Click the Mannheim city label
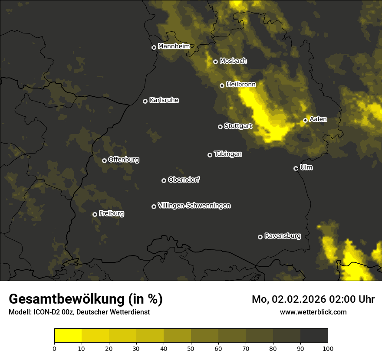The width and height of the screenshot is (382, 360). point(174,46)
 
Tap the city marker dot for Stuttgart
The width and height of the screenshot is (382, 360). point(220,127)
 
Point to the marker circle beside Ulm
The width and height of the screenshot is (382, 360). point(296,168)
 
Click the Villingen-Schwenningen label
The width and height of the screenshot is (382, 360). point(194,206)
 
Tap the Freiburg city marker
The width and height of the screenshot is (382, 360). point(95,214)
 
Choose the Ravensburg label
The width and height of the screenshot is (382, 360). point(282,236)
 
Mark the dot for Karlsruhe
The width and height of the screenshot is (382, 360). point(145,101)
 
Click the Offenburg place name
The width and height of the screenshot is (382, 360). point(124,160)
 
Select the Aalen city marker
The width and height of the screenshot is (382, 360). point(305,120)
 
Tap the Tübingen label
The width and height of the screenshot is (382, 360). point(228,154)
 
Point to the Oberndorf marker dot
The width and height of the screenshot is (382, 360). point(164,180)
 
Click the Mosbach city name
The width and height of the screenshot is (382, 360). point(233,61)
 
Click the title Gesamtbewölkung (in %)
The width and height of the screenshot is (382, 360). point(86,299)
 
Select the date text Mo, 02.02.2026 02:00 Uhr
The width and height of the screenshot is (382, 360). point(313,299)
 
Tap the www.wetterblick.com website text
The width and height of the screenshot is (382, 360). point(313,312)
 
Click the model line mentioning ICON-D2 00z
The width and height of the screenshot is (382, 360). point(79,312)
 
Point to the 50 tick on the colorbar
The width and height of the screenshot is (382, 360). point(191,348)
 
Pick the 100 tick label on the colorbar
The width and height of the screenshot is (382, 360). point(328,348)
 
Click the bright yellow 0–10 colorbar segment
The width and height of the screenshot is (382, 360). point(68,335)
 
